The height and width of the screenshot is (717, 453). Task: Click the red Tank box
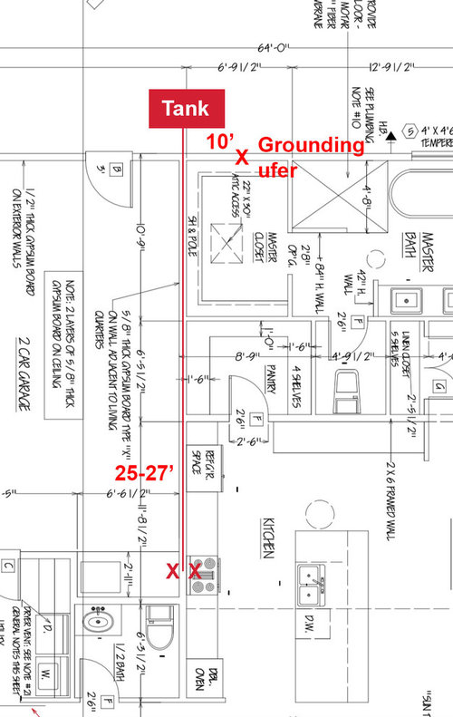click(x=185, y=108)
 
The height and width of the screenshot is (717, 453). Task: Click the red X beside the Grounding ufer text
click(x=242, y=157)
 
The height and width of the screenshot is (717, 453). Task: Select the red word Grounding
click(x=311, y=145)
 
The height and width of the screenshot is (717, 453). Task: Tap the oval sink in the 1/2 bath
click(x=98, y=623)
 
